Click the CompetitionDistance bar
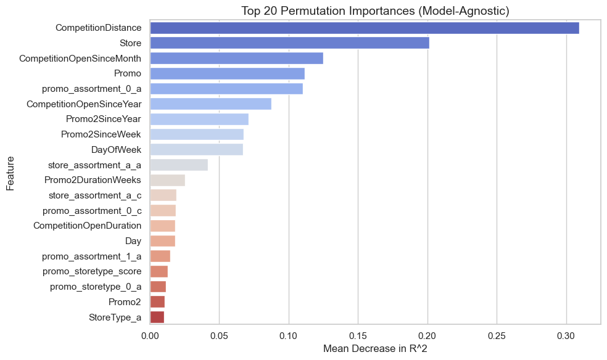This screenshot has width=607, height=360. (x=364, y=28)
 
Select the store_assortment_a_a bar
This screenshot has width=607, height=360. (x=179, y=165)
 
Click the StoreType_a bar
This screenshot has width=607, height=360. (x=157, y=317)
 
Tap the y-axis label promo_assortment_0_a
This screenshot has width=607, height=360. (x=91, y=89)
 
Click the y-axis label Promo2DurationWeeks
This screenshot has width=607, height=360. (x=93, y=180)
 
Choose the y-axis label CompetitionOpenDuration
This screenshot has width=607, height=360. (x=87, y=226)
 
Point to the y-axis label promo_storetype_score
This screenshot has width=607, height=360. (x=92, y=271)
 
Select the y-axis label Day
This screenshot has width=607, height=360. (x=133, y=241)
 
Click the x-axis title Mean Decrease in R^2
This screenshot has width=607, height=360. (x=375, y=348)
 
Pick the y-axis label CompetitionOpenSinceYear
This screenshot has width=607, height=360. (x=84, y=104)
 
